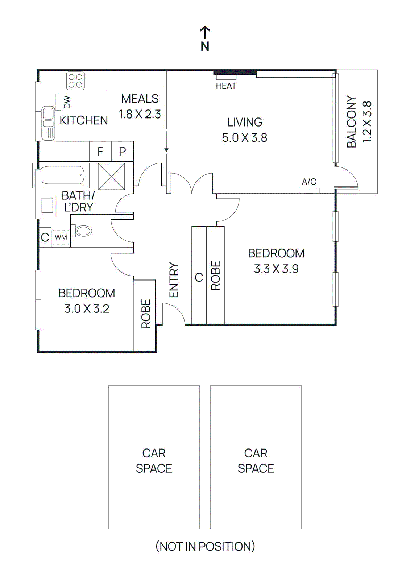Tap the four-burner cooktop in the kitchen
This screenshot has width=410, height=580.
(x=76, y=80)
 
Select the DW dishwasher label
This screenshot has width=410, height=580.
(x=67, y=102)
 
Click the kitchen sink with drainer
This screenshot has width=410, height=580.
(x=48, y=123)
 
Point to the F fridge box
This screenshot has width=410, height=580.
(x=100, y=151)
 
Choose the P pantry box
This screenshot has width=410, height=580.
(x=123, y=151)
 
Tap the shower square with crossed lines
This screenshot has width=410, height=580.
(x=112, y=177)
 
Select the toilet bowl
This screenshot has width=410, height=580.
(x=83, y=231)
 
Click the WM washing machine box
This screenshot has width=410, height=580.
(x=61, y=237)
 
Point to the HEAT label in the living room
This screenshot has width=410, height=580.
(x=226, y=86)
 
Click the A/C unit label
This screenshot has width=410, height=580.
(x=309, y=182)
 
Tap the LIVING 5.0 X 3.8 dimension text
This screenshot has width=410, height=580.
(x=244, y=138)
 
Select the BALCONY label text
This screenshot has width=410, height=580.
(x=351, y=122)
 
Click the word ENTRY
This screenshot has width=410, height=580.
(x=174, y=280)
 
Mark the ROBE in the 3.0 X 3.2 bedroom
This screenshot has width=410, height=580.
(x=145, y=314)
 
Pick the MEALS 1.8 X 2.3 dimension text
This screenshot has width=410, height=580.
(x=140, y=114)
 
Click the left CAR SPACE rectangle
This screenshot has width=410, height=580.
(x=154, y=457)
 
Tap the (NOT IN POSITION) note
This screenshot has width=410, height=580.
(x=205, y=546)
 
